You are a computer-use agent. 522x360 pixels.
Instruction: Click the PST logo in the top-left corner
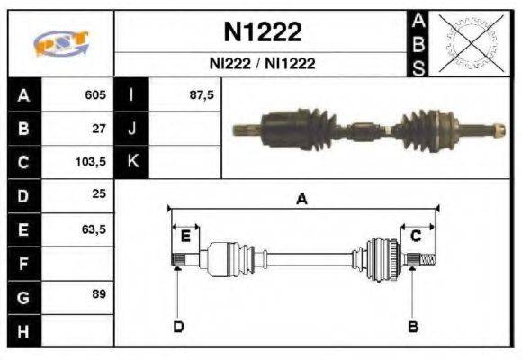click(60, 44)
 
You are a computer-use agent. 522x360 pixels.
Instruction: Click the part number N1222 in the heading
click(263, 32)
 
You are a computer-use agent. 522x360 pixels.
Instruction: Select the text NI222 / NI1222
click(263, 65)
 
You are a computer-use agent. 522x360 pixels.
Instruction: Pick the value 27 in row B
click(100, 129)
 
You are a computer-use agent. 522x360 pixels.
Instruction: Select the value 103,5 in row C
click(93, 163)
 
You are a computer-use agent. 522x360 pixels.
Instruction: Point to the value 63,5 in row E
click(94, 230)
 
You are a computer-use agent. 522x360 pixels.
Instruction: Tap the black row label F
click(23, 264)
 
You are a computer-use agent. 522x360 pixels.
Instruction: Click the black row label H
click(23, 330)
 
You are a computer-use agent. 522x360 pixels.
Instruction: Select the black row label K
click(132, 163)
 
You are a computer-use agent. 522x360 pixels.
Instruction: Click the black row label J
click(132, 129)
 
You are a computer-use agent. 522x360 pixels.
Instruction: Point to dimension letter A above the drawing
click(302, 200)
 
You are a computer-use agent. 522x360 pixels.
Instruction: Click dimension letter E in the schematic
click(185, 236)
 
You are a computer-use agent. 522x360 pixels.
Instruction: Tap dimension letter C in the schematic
click(416, 236)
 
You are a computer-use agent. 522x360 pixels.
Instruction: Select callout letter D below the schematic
click(178, 326)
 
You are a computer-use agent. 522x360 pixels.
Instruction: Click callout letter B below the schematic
click(413, 326)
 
